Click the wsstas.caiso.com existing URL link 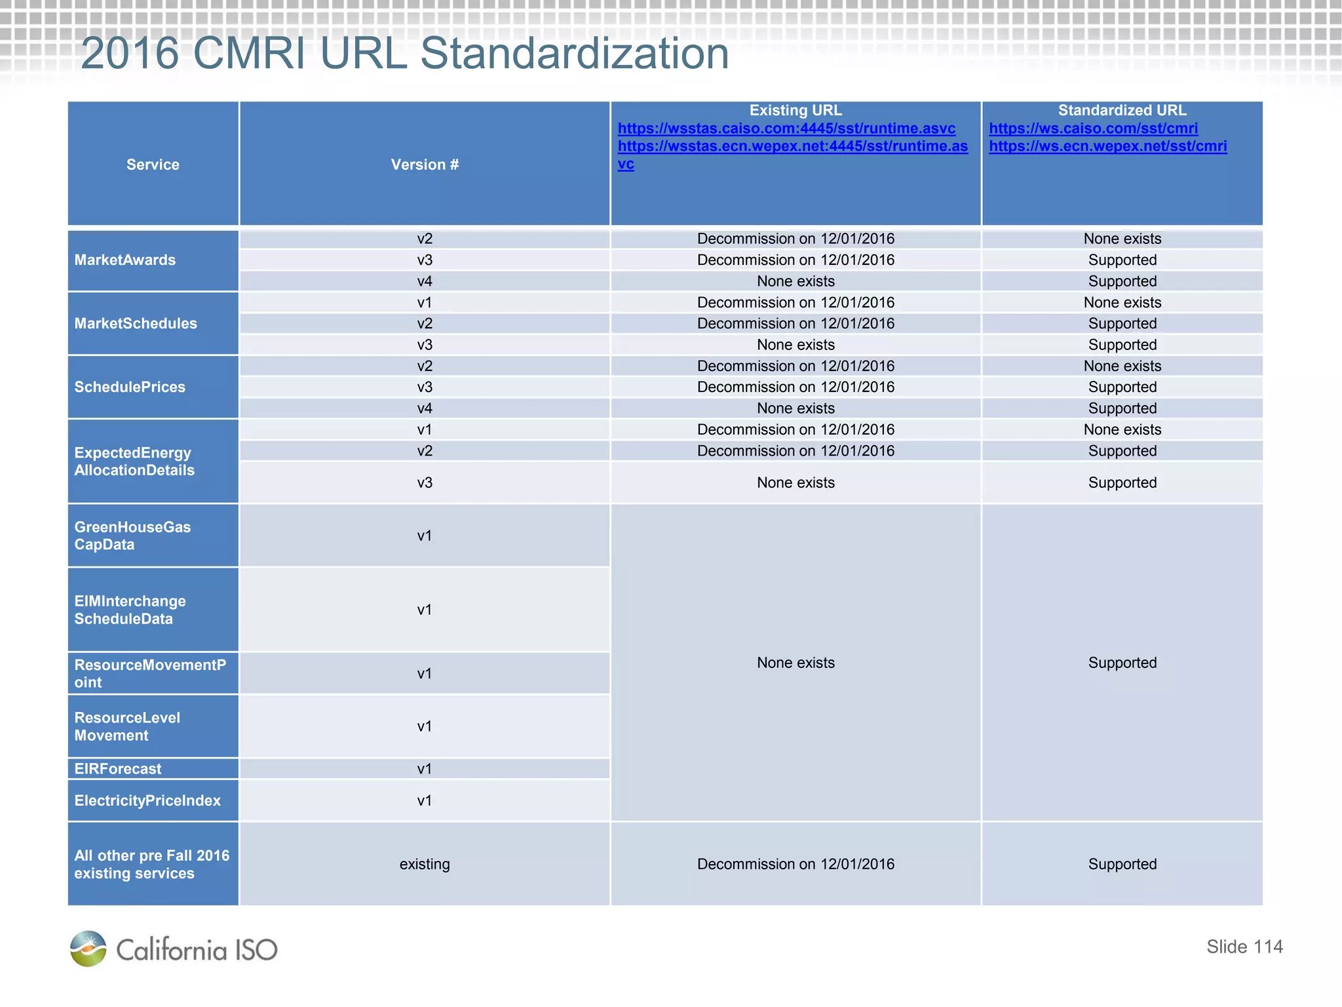786,128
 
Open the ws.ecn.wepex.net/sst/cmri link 1107,146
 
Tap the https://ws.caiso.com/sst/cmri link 1093,128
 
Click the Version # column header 425,165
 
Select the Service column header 153,165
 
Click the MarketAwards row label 125,260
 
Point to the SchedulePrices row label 130,387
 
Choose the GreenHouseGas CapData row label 132,536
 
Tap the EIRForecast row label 118,769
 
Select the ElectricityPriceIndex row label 147,800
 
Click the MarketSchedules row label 136,323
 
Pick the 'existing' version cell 425,864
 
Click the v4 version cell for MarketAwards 425,281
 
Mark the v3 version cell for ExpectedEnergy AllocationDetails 425,483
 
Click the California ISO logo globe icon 88,949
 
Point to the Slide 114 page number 1244,947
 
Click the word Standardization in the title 574,54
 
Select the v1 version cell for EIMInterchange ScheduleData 425,610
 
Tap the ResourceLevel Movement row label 127,726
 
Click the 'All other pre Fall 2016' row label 152,864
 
